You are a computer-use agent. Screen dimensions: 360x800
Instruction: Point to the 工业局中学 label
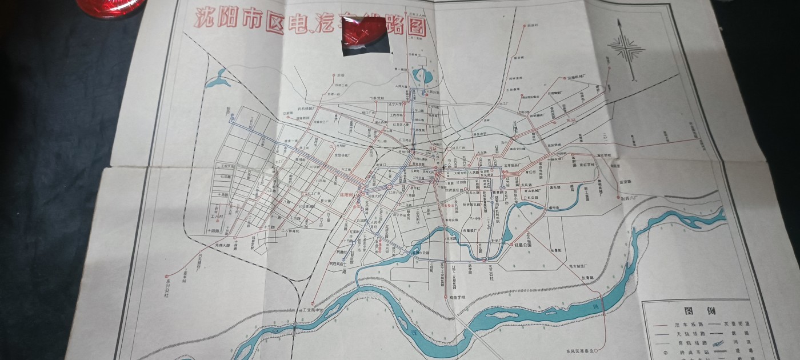pyautogui.click(x=311, y=310)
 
